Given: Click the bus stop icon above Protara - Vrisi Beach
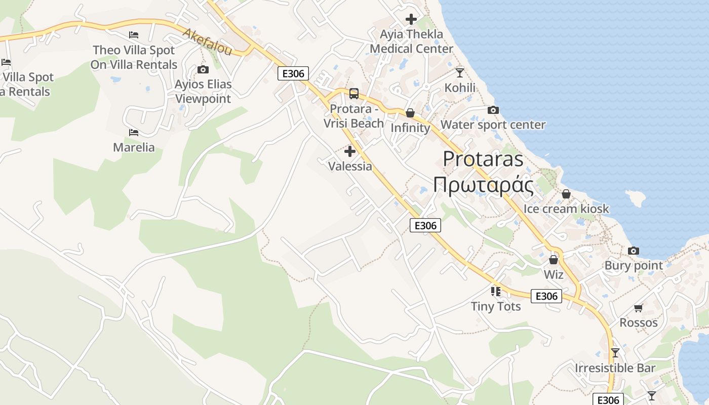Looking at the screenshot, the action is pyautogui.click(x=354, y=94).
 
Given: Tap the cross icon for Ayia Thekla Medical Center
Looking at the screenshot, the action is pyautogui.click(x=411, y=19).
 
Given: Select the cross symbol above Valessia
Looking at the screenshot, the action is pyautogui.click(x=349, y=151).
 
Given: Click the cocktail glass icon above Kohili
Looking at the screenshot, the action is pyautogui.click(x=460, y=73).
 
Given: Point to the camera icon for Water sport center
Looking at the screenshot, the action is pyautogui.click(x=493, y=110).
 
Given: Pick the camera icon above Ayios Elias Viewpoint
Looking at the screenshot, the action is pyautogui.click(x=203, y=69).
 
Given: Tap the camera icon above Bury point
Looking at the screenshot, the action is pyautogui.click(x=633, y=251).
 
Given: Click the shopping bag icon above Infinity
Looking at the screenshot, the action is pyautogui.click(x=410, y=112).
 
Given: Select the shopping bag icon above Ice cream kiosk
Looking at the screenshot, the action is pyautogui.click(x=566, y=194).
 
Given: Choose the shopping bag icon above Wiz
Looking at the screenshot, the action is pyautogui.click(x=554, y=260).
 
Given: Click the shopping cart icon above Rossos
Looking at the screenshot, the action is pyautogui.click(x=639, y=308).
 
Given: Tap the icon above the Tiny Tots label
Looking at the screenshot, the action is pyautogui.click(x=495, y=291).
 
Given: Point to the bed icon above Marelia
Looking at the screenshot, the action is pyautogui.click(x=134, y=133).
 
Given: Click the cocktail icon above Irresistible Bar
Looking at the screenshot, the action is pyautogui.click(x=615, y=353).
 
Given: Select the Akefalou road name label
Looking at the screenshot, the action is pyautogui.click(x=208, y=42).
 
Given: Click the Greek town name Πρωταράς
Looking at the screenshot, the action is pyautogui.click(x=483, y=185).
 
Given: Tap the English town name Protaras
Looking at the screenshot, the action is pyautogui.click(x=483, y=159).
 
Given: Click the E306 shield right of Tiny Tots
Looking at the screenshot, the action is pyautogui.click(x=546, y=296).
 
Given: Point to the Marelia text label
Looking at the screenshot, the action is pyautogui.click(x=134, y=147).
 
